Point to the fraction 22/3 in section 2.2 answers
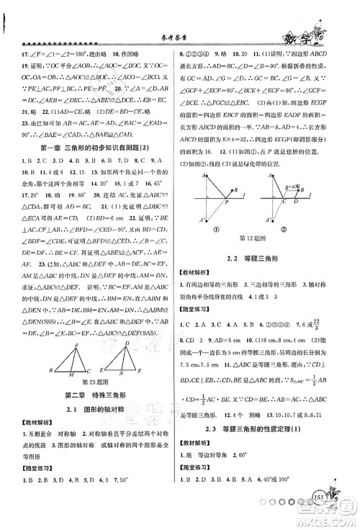[x=340, y=324]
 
